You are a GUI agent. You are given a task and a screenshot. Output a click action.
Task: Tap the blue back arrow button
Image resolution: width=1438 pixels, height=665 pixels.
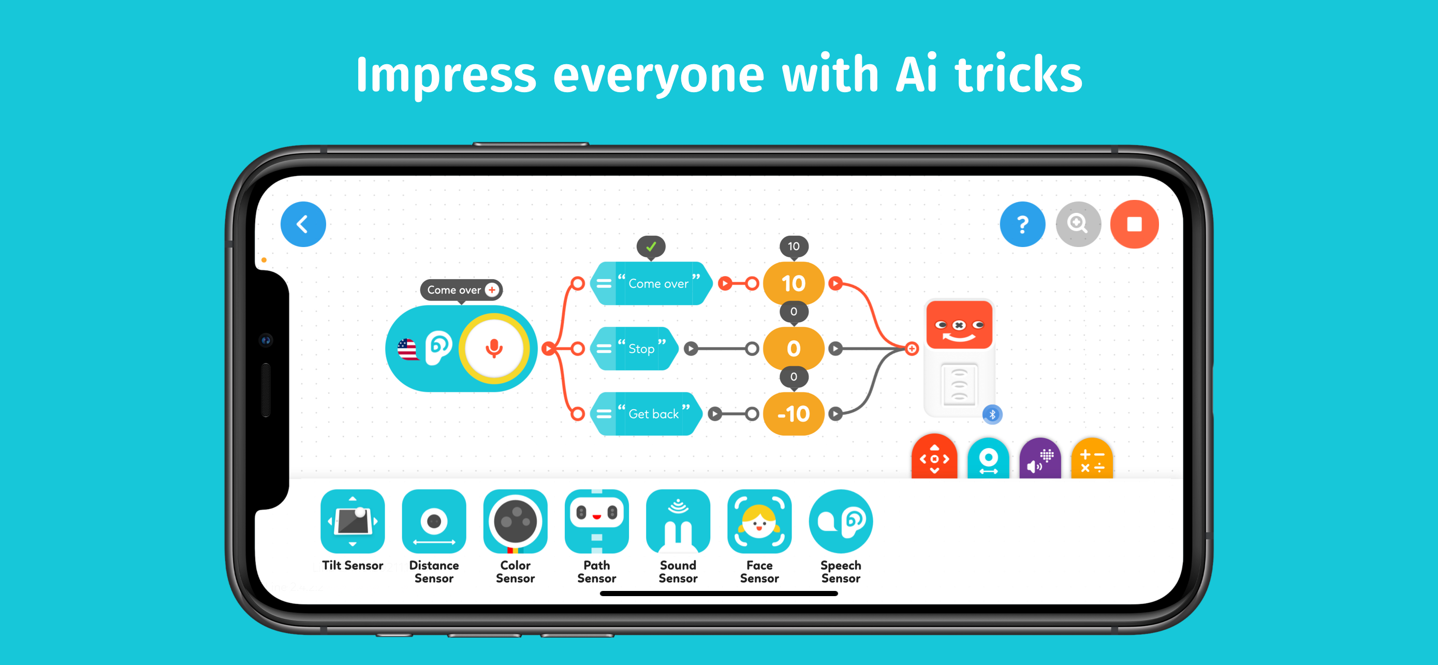pyautogui.click(x=303, y=224)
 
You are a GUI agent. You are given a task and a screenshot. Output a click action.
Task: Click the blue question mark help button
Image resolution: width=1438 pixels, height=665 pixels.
pyautogui.click(x=1022, y=224)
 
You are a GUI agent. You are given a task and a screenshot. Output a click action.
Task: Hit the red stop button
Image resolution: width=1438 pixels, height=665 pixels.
pyautogui.click(x=1134, y=224)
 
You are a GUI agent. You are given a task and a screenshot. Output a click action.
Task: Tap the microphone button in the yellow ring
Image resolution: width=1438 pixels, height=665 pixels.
pyautogui.click(x=493, y=348)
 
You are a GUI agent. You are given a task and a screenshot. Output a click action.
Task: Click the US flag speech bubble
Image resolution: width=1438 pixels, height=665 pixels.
pyautogui.click(x=407, y=350)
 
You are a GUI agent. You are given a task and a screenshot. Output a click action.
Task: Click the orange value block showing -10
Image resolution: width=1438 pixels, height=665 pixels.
pyautogui.click(x=793, y=414)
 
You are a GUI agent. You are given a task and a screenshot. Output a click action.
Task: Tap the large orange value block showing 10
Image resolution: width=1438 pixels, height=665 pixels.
pyautogui.click(x=793, y=283)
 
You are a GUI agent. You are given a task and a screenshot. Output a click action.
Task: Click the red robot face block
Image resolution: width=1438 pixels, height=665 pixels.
pyautogui.click(x=959, y=324)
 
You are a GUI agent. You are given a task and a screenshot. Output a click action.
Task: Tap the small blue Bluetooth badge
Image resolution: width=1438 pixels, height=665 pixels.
pyautogui.click(x=992, y=414)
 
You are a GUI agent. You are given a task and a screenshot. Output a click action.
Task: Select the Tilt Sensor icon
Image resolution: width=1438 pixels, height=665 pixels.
pyautogui.click(x=352, y=522)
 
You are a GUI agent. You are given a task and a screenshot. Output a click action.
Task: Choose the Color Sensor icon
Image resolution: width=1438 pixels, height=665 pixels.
pyautogui.click(x=515, y=522)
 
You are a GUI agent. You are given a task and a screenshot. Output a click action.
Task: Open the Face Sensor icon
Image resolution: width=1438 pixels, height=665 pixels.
pyautogui.click(x=759, y=522)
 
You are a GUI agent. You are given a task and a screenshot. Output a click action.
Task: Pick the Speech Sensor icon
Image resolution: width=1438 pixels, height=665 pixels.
pyautogui.click(x=840, y=522)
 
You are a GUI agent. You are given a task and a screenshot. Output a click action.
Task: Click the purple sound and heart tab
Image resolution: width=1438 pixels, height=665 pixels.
pyautogui.click(x=1040, y=459)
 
